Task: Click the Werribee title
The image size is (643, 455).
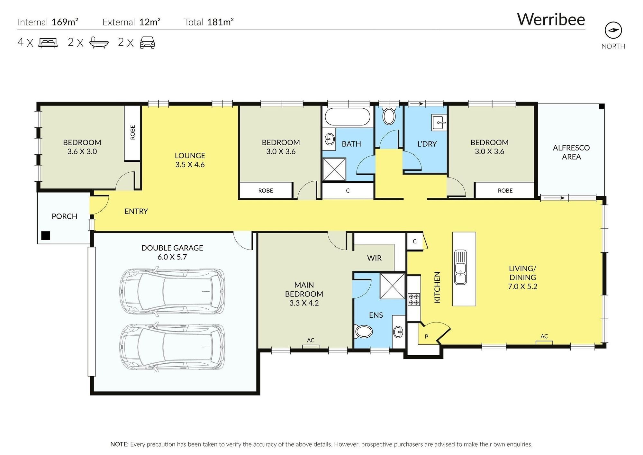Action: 551,19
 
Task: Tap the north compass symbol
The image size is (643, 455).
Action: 613,31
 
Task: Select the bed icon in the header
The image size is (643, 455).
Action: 48,43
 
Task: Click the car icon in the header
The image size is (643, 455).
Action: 147,42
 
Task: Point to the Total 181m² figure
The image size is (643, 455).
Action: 209,22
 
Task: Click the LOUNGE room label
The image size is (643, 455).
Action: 190,156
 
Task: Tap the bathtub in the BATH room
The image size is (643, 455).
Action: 348,116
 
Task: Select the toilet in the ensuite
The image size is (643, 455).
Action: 363,331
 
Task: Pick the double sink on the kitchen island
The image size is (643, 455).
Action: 460,268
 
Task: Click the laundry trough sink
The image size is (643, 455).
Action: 439,122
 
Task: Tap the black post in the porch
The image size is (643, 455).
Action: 46,236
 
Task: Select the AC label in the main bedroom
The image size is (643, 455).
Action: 311,340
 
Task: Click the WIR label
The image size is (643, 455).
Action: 374,258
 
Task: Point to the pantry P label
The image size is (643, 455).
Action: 426,337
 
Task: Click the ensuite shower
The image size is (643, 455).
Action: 392,286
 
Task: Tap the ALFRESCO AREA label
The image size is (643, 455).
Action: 571,152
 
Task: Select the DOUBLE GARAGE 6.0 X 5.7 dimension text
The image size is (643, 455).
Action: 172,257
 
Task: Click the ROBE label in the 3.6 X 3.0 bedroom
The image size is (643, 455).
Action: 133,132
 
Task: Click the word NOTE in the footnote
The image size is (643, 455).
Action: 119,444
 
